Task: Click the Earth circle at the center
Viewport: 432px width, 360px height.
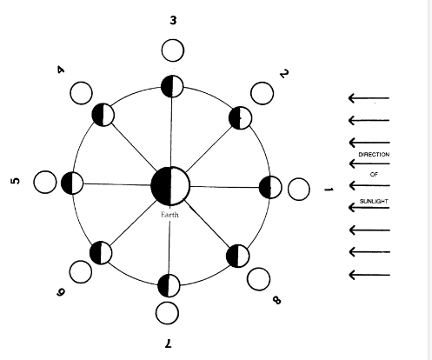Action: click(x=170, y=186)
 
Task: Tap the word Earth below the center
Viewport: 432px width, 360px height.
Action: click(x=169, y=215)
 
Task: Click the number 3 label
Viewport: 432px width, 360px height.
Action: click(x=173, y=20)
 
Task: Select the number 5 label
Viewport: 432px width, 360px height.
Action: click(x=16, y=181)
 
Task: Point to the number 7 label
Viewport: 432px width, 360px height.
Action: click(x=169, y=343)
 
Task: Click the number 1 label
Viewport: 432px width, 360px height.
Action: click(x=329, y=190)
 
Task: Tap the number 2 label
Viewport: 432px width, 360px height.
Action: click(x=284, y=74)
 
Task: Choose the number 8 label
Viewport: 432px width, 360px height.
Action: click(x=276, y=300)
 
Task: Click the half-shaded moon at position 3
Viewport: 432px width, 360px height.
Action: click(x=172, y=86)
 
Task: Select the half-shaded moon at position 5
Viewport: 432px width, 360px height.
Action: click(x=72, y=183)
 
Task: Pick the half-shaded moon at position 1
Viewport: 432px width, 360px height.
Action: click(x=270, y=187)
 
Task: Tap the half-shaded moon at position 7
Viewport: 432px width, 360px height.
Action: click(x=169, y=285)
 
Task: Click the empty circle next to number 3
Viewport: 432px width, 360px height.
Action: click(x=173, y=50)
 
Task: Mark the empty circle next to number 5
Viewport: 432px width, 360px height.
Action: click(x=45, y=183)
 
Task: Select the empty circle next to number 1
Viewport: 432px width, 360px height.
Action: click(x=299, y=190)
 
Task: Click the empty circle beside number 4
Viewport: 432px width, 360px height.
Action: click(x=81, y=93)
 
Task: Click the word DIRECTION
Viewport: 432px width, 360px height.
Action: click(x=374, y=155)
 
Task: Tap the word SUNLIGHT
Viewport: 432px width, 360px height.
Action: click(x=374, y=201)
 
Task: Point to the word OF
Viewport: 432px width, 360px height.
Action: click(x=374, y=175)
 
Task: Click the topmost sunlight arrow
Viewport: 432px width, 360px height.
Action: click(x=369, y=98)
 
